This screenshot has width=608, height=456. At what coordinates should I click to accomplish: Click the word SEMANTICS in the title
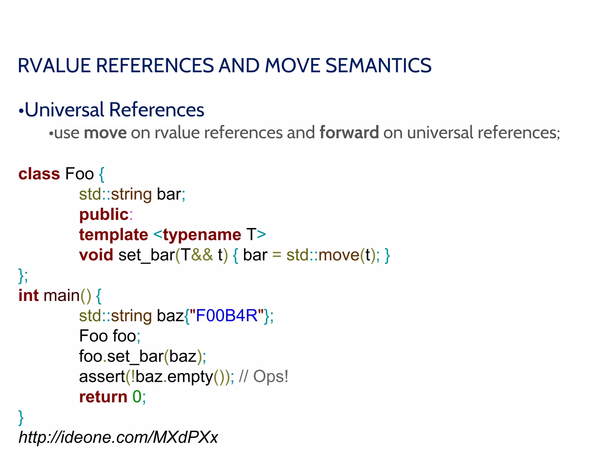coord(378,66)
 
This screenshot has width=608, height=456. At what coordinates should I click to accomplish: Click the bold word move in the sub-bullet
coord(105,133)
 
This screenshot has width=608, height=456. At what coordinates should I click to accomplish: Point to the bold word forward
coord(349,133)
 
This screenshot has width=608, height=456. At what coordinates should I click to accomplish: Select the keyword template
coord(113,235)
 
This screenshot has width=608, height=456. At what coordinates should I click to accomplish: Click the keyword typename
coord(202,235)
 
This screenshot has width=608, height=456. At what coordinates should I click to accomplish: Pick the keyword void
coord(96,255)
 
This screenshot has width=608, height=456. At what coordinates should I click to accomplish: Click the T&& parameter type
coord(197,255)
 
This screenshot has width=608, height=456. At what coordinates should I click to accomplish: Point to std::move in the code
coord(323,255)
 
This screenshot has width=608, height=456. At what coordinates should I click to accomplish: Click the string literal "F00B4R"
coord(227,316)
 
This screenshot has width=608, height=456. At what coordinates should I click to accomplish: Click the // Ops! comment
coord(263,376)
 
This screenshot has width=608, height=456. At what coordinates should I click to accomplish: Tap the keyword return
coord(103,397)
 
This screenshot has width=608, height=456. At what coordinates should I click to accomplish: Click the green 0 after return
coord(137,397)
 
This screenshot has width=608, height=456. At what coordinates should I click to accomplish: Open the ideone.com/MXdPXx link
coord(118,437)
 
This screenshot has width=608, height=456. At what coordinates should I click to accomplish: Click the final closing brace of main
coord(21,418)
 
